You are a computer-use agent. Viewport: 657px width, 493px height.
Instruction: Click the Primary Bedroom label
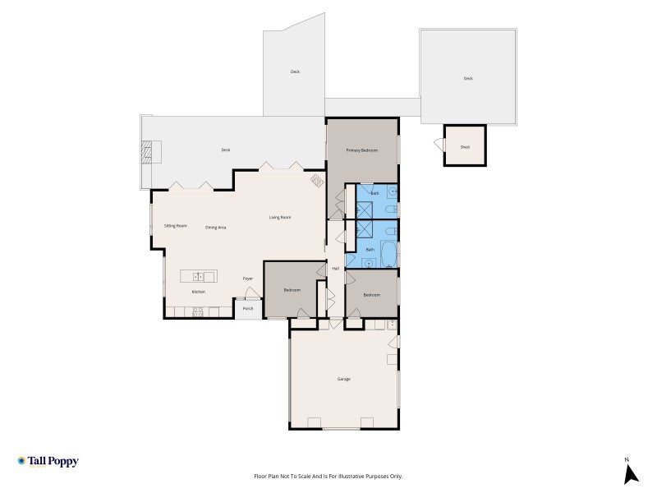(x=362, y=150)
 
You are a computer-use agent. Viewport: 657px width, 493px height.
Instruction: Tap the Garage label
(x=343, y=379)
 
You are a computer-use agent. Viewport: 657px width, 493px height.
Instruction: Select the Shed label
(x=465, y=147)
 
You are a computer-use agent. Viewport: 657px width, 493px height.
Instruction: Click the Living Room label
(x=280, y=217)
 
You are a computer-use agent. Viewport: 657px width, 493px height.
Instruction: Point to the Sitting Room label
(x=176, y=225)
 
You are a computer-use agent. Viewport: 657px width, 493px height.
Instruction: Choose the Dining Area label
(x=216, y=228)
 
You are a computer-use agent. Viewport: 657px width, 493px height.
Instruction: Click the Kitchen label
(x=199, y=292)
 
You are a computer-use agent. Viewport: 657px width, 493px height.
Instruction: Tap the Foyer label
(x=248, y=279)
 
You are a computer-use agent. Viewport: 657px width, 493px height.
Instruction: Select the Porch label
(x=248, y=309)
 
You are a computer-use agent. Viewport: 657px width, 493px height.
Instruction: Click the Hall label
(x=336, y=269)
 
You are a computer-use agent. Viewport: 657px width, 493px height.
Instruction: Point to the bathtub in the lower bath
(x=388, y=254)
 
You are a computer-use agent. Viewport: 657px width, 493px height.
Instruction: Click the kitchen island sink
(x=198, y=277)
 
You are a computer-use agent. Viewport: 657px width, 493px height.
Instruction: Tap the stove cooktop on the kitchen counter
(x=198, y=311)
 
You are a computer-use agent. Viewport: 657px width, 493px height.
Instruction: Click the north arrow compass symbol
(x=630, y=475)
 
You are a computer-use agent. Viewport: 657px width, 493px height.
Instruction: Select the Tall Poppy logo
(x=48, y=462)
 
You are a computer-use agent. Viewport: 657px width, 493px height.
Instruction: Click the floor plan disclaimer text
(x=328, y=477)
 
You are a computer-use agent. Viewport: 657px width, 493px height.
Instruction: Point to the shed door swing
(x=439, y=145)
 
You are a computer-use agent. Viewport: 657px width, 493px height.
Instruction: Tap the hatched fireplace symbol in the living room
(x=317, y=181)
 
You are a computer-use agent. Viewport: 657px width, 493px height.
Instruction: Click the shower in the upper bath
(x=364, y=210)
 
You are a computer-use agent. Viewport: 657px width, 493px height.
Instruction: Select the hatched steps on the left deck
(x=146, y=152)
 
